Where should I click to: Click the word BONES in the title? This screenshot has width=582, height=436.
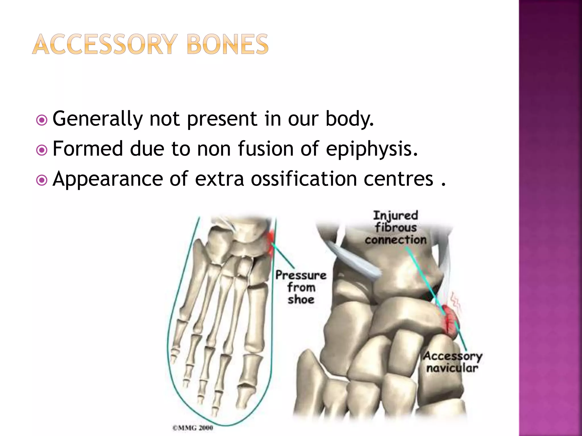[228, 45]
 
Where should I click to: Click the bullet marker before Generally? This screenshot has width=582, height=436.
[42, 120]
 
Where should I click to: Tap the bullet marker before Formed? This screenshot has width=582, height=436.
[42, 150]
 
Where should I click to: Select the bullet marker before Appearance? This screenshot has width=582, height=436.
[42, 180]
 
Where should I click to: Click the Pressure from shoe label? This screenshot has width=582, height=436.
[301, 287]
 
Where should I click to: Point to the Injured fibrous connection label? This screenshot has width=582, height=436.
[396, 227]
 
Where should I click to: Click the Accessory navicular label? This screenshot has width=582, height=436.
[452, 362]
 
